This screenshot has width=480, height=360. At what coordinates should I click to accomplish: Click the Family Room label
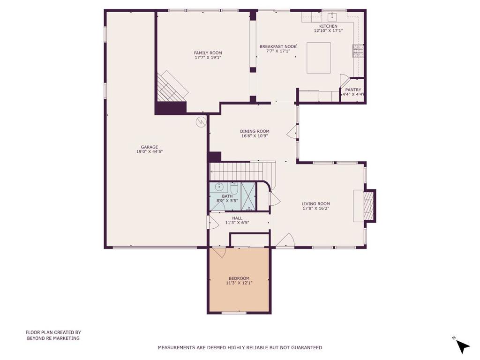tap(208, 52)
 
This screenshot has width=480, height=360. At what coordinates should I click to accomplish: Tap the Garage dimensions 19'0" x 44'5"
tap(150, 151)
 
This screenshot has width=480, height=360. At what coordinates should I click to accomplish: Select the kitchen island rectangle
tap(319, 58)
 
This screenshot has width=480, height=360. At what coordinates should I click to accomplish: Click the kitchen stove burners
tap(358, 51)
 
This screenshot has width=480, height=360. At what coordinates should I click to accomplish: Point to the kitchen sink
tap(332, 16)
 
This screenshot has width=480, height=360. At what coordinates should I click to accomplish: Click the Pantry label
tap(353, 90)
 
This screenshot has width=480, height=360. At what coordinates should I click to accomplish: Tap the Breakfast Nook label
tap(278, 46)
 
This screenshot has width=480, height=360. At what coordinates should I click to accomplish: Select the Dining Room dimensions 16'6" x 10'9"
tap(255, 136)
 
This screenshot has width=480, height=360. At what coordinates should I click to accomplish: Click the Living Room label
tap(315, 204)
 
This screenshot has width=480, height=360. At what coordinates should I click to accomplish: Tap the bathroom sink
tap(219, 187)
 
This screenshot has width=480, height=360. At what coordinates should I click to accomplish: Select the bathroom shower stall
tap(248, 196)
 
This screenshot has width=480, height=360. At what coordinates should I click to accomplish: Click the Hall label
tap(237, 218)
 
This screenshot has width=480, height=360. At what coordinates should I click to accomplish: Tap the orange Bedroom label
tap(239, 278)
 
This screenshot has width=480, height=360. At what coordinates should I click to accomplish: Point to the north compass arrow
tap(463, 346)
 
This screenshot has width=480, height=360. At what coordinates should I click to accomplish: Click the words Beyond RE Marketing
tap(53, 338)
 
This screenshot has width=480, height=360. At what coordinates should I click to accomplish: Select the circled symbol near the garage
tap(201, 122)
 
